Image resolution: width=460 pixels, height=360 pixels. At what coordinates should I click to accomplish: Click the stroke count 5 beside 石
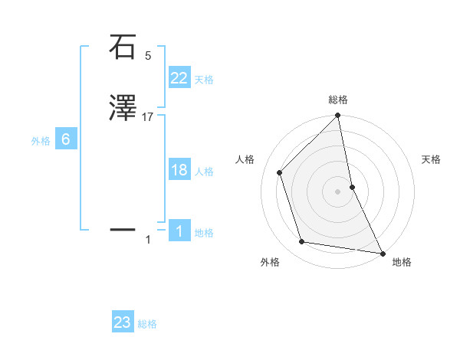point(148,56)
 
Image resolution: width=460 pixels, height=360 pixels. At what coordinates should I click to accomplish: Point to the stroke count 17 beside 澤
point(148,116)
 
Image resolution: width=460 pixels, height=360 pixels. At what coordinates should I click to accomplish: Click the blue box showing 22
point(179,78)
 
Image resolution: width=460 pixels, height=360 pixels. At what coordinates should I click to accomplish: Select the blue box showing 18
point(179,170)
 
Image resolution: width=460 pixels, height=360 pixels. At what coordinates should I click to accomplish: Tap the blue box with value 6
point(66,139)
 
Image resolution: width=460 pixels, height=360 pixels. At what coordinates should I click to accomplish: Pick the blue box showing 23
point(123,322)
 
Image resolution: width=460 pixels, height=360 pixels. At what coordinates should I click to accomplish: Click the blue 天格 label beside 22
point(204,80)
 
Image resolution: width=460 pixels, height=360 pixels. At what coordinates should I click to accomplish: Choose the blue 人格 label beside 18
point(204,172)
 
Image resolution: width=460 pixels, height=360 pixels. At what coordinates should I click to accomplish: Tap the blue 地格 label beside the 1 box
point(204,233)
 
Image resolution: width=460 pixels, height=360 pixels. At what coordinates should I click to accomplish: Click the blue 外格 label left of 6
point(41,141)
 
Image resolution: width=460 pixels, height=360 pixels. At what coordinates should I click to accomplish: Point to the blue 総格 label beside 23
point(147,324)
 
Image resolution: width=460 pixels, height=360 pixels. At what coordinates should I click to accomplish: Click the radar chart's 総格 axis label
point(338,100)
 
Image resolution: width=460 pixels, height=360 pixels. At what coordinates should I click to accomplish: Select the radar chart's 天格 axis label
point(432,159)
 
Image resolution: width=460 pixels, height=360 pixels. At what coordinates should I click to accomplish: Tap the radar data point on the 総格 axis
point(338,116)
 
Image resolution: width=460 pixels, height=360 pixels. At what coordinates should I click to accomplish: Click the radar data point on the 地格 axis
point(383,252)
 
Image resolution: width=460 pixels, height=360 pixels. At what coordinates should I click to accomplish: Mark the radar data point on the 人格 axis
point(280,172)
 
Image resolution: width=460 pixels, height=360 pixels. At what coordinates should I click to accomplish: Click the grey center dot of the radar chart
point(338,191)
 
